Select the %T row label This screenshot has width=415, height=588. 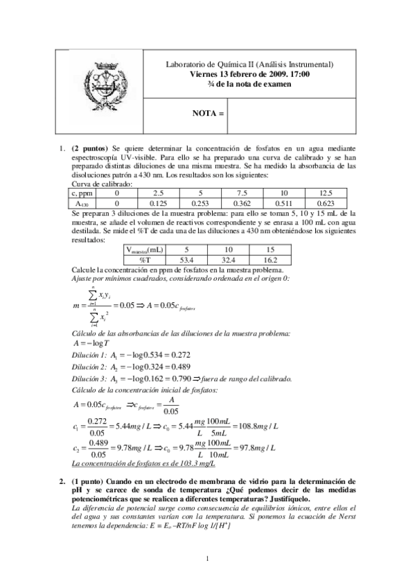[x=146, y=258]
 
